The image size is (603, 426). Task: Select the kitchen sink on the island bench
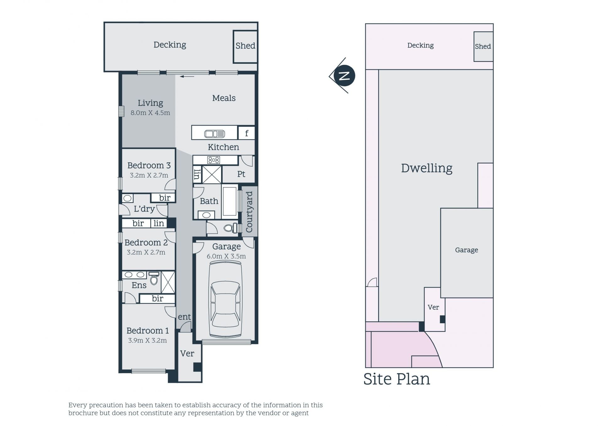pos(215,134)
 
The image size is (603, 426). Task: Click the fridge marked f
pos(246,133)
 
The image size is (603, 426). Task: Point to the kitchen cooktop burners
pos(214,160)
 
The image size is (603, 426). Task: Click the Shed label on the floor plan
pos(245,46)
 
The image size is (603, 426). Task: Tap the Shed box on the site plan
pos(483,46)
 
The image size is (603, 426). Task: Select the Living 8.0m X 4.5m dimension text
pos(150,113)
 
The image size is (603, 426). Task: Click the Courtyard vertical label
pos(249,212)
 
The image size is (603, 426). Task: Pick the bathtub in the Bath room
pos(230,201)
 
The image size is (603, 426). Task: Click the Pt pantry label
pos(241,174)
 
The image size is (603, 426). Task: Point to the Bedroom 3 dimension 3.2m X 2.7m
pos(149,175)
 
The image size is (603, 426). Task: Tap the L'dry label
pos(144,209)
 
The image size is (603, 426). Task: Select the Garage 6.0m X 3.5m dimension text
pos(226,256)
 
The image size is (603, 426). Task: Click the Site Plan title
pos(397,379)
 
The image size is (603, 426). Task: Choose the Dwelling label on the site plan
pos(427,168)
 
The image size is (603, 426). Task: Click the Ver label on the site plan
pos(433,307)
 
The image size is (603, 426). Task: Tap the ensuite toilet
pos(154,278)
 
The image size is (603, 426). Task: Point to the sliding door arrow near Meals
pos(187,76)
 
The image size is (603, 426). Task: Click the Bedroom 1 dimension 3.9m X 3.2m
pos(148,341)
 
